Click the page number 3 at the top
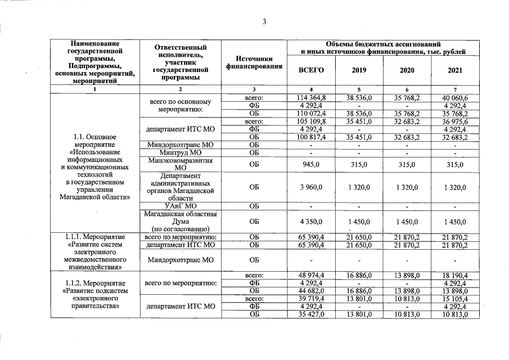tap(264, 22)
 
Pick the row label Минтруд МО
tap(180, 152)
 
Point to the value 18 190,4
tap(454, 275)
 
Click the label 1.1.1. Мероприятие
tap(95, 236)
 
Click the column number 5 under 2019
tap(358, 90)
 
